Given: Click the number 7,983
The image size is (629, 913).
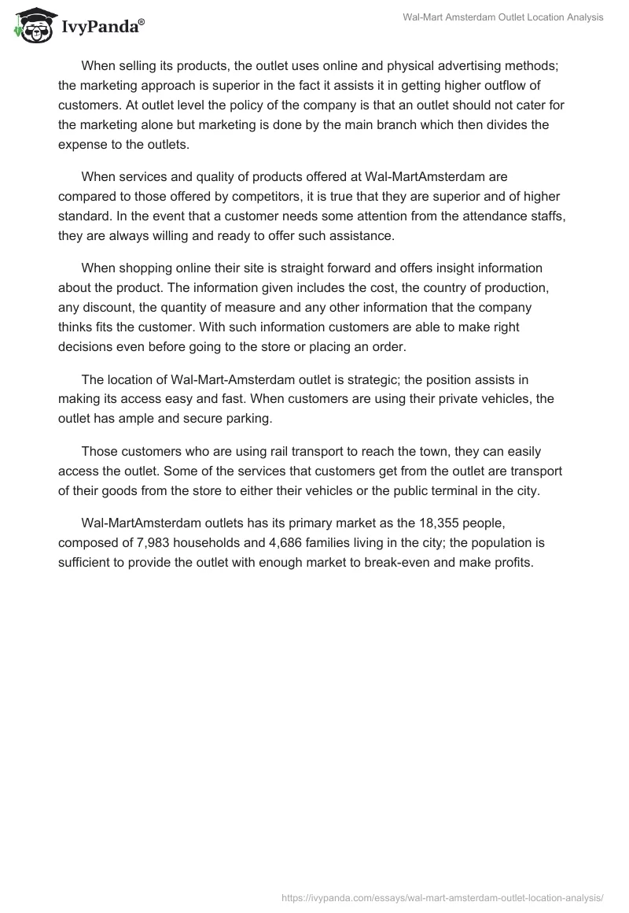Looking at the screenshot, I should click(145, 543).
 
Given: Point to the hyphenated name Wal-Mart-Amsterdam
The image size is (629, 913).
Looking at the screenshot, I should click(228, 378).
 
